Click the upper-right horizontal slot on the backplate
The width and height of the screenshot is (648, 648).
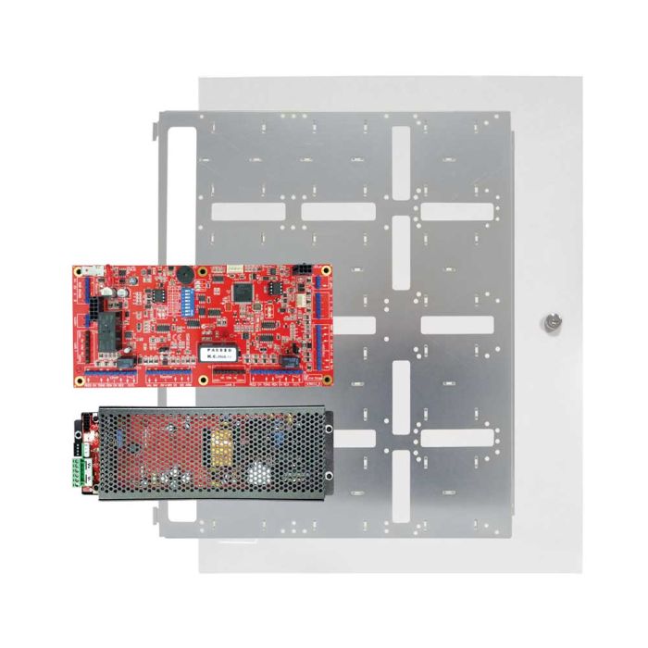457,211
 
